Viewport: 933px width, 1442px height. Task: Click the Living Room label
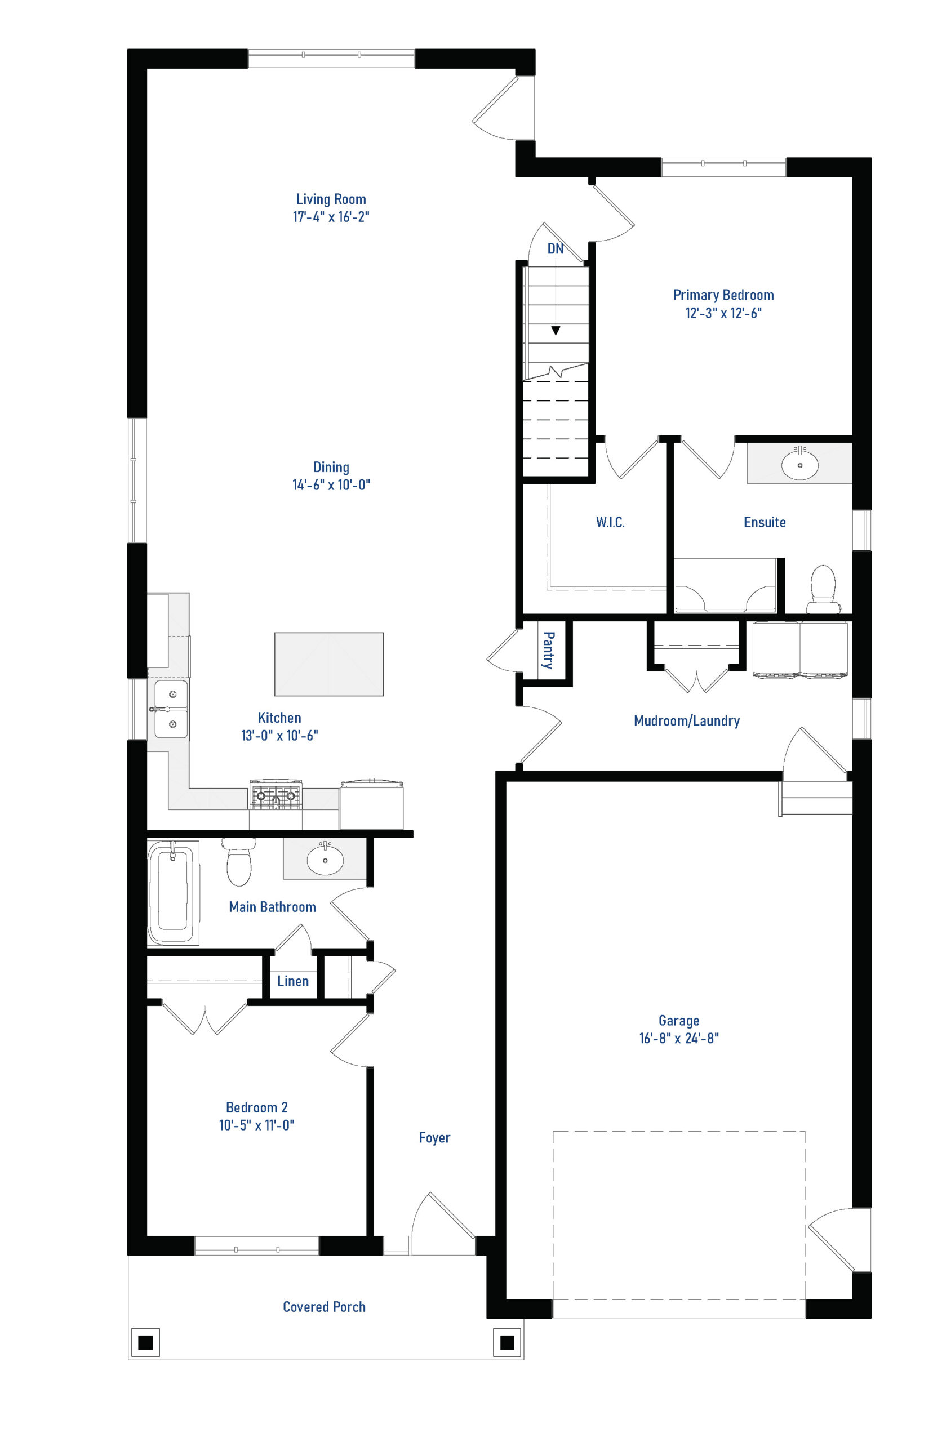pyautogui.click(x=331, y=199)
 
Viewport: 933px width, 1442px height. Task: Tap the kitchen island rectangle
pyautogui.click(x=329, y=664)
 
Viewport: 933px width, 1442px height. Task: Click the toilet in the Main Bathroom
pyautogui.click(x=239, y=861)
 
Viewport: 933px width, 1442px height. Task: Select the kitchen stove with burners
pyautogui.click(x=276, y=795)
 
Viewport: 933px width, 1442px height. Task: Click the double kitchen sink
pyautogui.click(x=170, y=709)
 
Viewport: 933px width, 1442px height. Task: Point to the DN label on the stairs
pyautogui.click(x=556, y=248)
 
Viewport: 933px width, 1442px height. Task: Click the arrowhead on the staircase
pyautogui.click(x=556, y=331)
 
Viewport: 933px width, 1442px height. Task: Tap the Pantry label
pyautogui.click(x=548, y=650)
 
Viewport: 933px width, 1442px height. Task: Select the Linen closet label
pyautogui.click(x=293, y=981)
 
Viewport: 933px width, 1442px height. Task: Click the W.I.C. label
pyautogui.click(x=610, y=522)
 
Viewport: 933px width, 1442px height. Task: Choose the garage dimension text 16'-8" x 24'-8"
pyautogui.click(x=678, y=1038)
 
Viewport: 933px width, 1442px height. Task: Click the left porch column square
pyautogui.click(x=145, y=1343)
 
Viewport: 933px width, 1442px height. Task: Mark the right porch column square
pyautogui.click(x=507, y=1343)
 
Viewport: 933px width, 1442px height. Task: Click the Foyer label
pyautogui.click(x=434, y=1138)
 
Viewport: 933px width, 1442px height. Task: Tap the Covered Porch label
pyautogui.click(x=324, y=1306)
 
